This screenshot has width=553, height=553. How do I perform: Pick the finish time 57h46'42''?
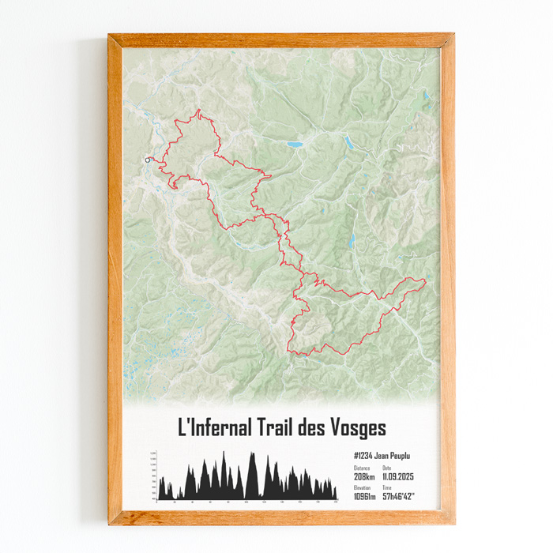pyautogui.click(x=399, y=496)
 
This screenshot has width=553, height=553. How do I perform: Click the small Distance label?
pyautogui.click(x=361, y=468)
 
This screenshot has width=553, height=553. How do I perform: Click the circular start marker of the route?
pyautogui.click(x=148, y=160)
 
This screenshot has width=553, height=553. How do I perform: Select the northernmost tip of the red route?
pyautogui.click(x=199, y=111)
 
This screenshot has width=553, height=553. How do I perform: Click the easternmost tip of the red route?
pyautogui.click(x=425, y=280)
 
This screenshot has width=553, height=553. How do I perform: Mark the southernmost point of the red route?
pyautogui.click(x=301, y=355)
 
